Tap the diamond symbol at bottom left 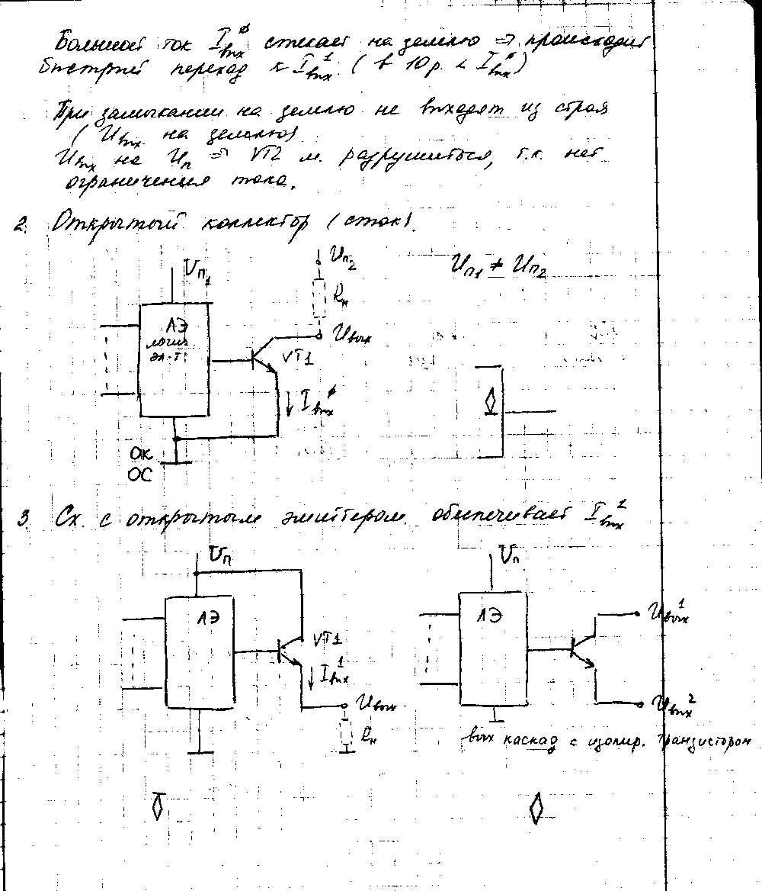(158, 806)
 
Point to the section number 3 (25, 521)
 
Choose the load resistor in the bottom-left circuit (347, 734)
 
